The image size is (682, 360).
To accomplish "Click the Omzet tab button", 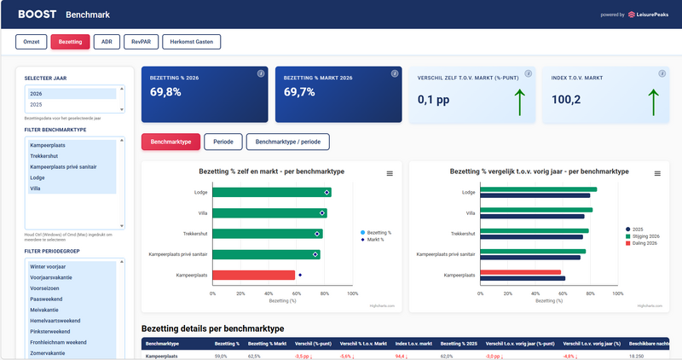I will click(31, 41).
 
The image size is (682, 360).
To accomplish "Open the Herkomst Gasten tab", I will click(192, 41).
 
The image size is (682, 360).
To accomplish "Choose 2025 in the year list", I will click(37, 104).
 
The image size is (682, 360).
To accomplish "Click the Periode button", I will click(223, 142).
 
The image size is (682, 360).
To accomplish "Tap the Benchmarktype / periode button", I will click(287, 142).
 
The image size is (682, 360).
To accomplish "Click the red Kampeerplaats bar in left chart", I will click(253, 275).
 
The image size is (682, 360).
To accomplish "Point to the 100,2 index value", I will click(567, 100).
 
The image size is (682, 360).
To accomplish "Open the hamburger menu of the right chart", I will click(656, 173).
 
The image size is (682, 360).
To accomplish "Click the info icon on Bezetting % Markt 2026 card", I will click(394, 73).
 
